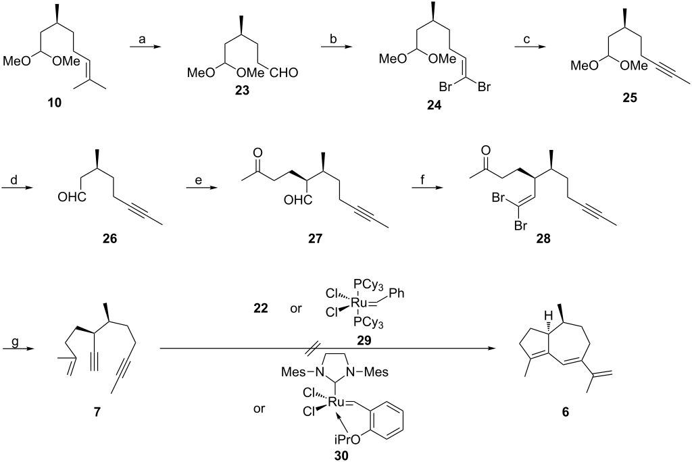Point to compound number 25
coord(630,97)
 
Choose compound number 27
coord(315,238)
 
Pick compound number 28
coord(543,238)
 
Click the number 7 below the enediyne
coord(97,412)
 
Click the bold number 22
coord(260,307)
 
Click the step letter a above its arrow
coord(142,38)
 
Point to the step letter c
coord(526,38)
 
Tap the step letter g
coord(15,342)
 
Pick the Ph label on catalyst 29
coord(397,293)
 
